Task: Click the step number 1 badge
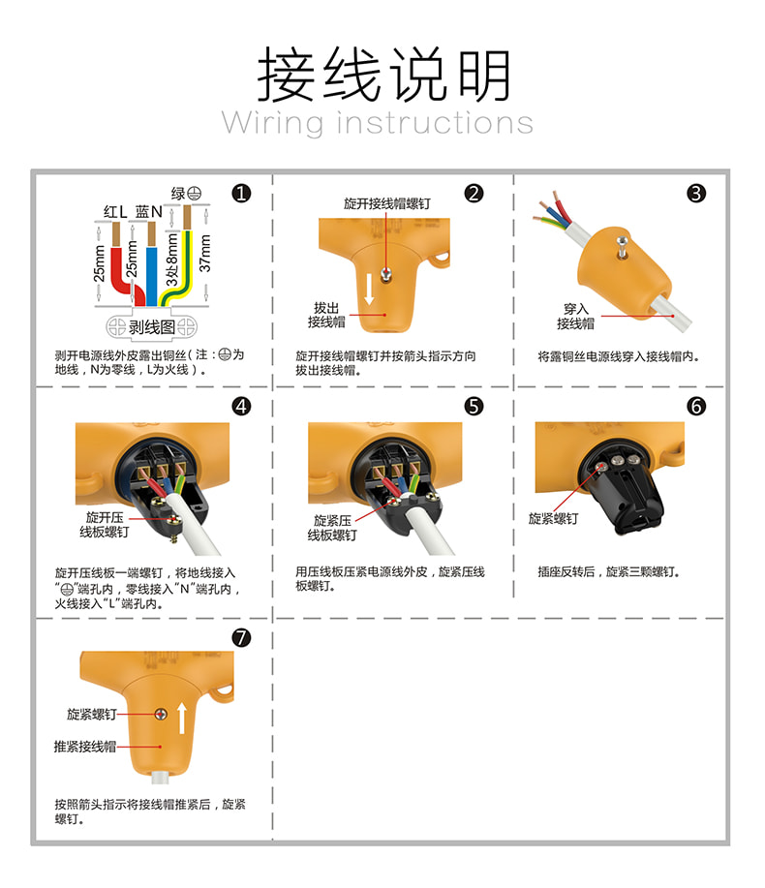point(241,194)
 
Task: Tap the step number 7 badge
point(241,638)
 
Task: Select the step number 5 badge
point(474,406)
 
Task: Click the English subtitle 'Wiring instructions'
point(378,123)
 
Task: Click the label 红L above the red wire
point(115,212)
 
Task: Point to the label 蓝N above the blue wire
point(149,212)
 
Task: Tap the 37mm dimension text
point(204,253)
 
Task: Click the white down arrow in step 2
point(369,289)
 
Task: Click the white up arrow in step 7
point(182,719)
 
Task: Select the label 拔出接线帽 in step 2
point(326,315)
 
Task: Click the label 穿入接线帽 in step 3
point(575,316)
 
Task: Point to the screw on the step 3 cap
point(622,248)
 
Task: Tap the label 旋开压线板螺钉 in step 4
point(105,525)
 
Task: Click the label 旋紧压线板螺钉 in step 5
point(332,528)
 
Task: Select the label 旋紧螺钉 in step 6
point(553,519)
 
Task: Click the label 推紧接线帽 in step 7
point(85,747)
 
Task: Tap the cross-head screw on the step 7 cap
point(161,714)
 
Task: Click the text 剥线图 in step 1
point(152,326)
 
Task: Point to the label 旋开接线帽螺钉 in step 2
point(387,203)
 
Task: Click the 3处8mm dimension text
point(171,260)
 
